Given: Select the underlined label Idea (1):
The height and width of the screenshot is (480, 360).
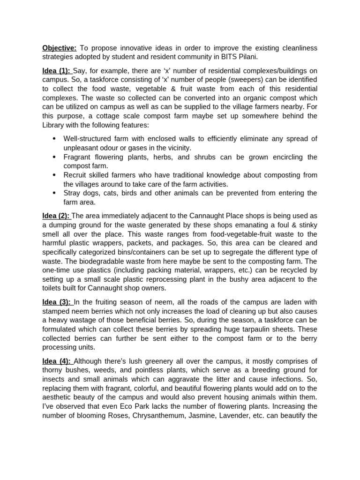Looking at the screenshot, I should [57, 71].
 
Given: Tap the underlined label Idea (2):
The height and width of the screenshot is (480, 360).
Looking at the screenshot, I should [56, 216].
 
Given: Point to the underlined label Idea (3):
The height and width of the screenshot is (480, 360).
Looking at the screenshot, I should [57, 302].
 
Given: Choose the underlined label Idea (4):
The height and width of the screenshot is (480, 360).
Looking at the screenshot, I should [57, 361].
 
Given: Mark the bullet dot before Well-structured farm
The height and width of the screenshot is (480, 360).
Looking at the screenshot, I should [54, 139].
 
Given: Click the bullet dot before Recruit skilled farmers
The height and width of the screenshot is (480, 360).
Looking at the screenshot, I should [54, 175].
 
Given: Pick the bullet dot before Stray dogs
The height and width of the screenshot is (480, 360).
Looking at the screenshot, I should [54, 193].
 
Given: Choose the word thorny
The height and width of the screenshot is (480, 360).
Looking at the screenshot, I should [53, 370].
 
